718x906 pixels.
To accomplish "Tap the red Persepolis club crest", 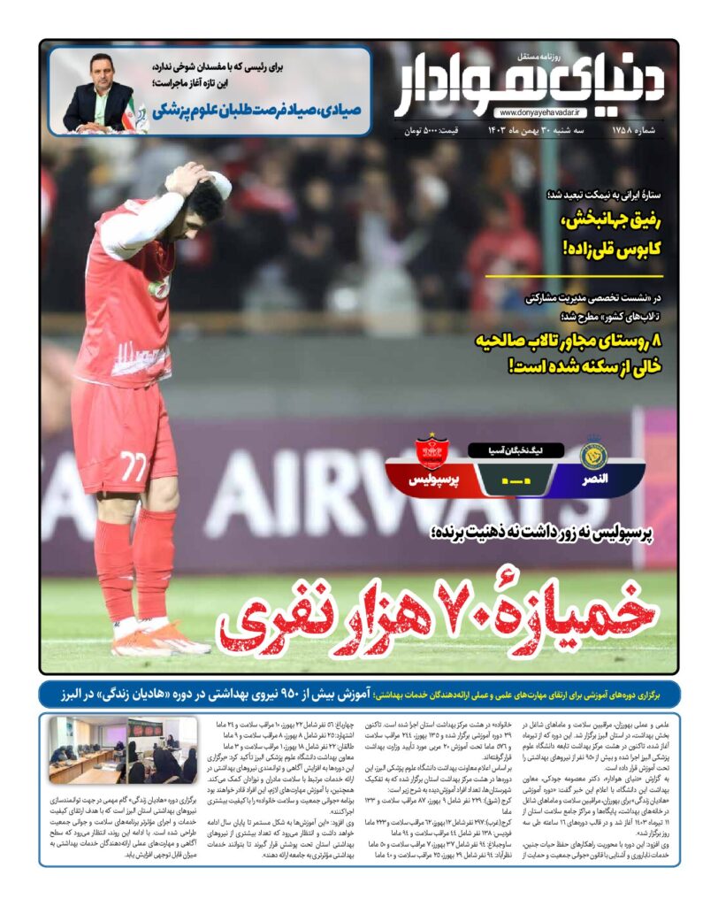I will click(432, 452).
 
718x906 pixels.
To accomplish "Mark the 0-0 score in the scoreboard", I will click(513, 480).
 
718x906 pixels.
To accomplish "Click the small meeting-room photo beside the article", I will click(125, 750).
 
